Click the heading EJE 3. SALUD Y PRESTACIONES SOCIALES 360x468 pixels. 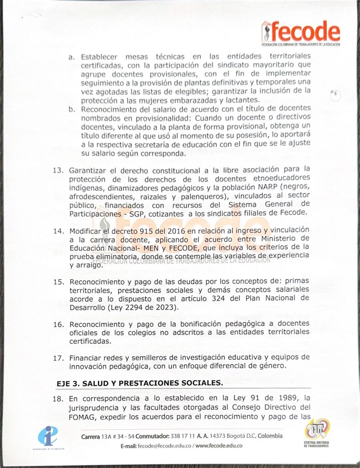click(x=139, y=383)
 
